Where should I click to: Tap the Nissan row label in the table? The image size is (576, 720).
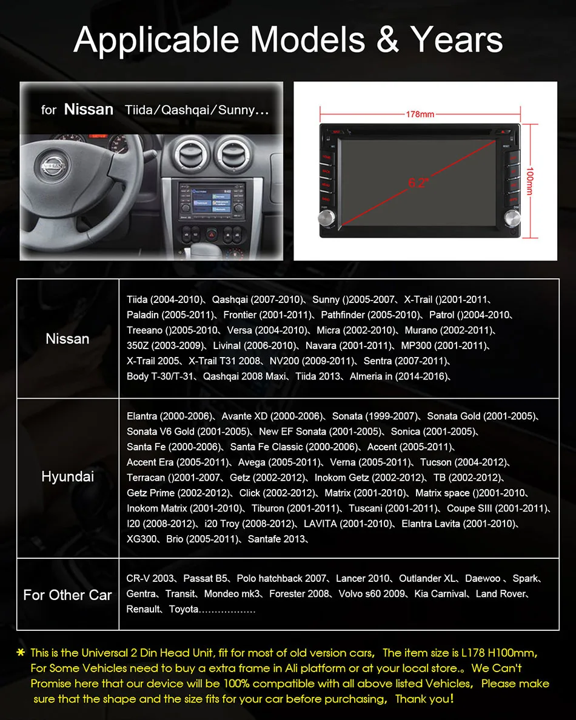[67, 339]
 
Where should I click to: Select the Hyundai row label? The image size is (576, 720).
[67, 476]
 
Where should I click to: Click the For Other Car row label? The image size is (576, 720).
[67, 595]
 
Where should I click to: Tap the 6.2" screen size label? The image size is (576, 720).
[418, 181]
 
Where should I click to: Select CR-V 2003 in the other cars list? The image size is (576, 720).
[150, 578]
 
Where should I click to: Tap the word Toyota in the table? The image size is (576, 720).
[184, 609]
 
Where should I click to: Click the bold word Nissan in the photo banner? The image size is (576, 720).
[89, 110]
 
